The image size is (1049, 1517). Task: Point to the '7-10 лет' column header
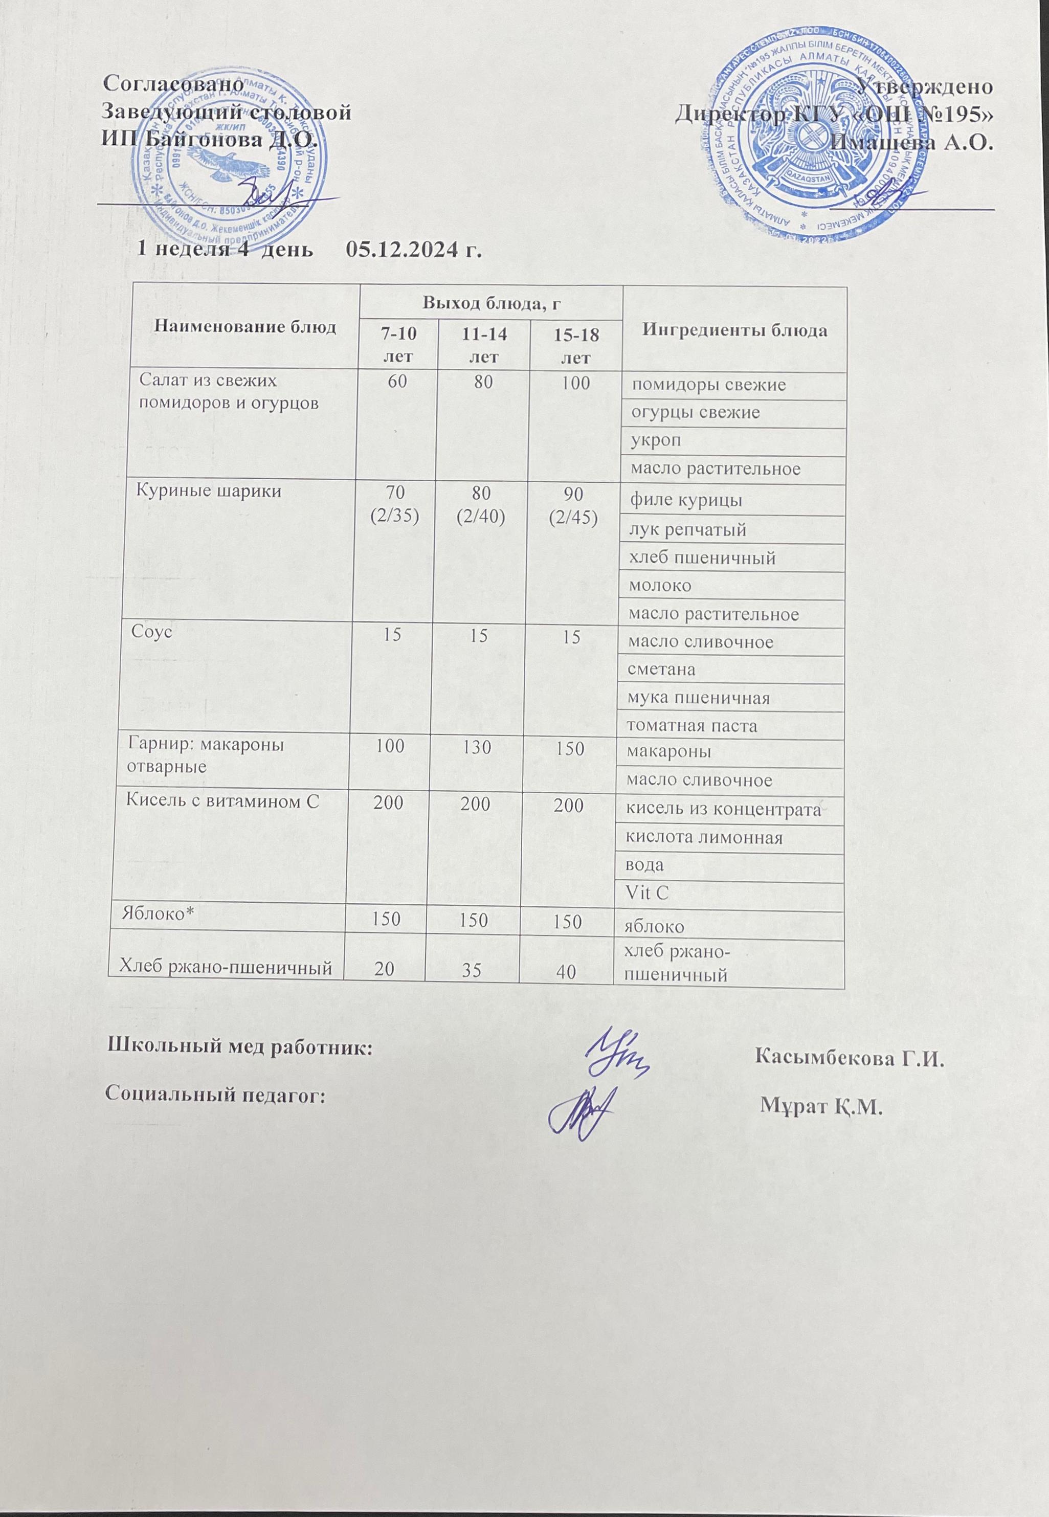click(396, 344)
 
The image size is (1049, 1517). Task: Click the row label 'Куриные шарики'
click(194, 491)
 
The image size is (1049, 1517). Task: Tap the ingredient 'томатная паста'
click(691, 726)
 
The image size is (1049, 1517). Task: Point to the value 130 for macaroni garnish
click(480, 748)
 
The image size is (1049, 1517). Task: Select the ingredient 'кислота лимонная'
click(706, 838)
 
